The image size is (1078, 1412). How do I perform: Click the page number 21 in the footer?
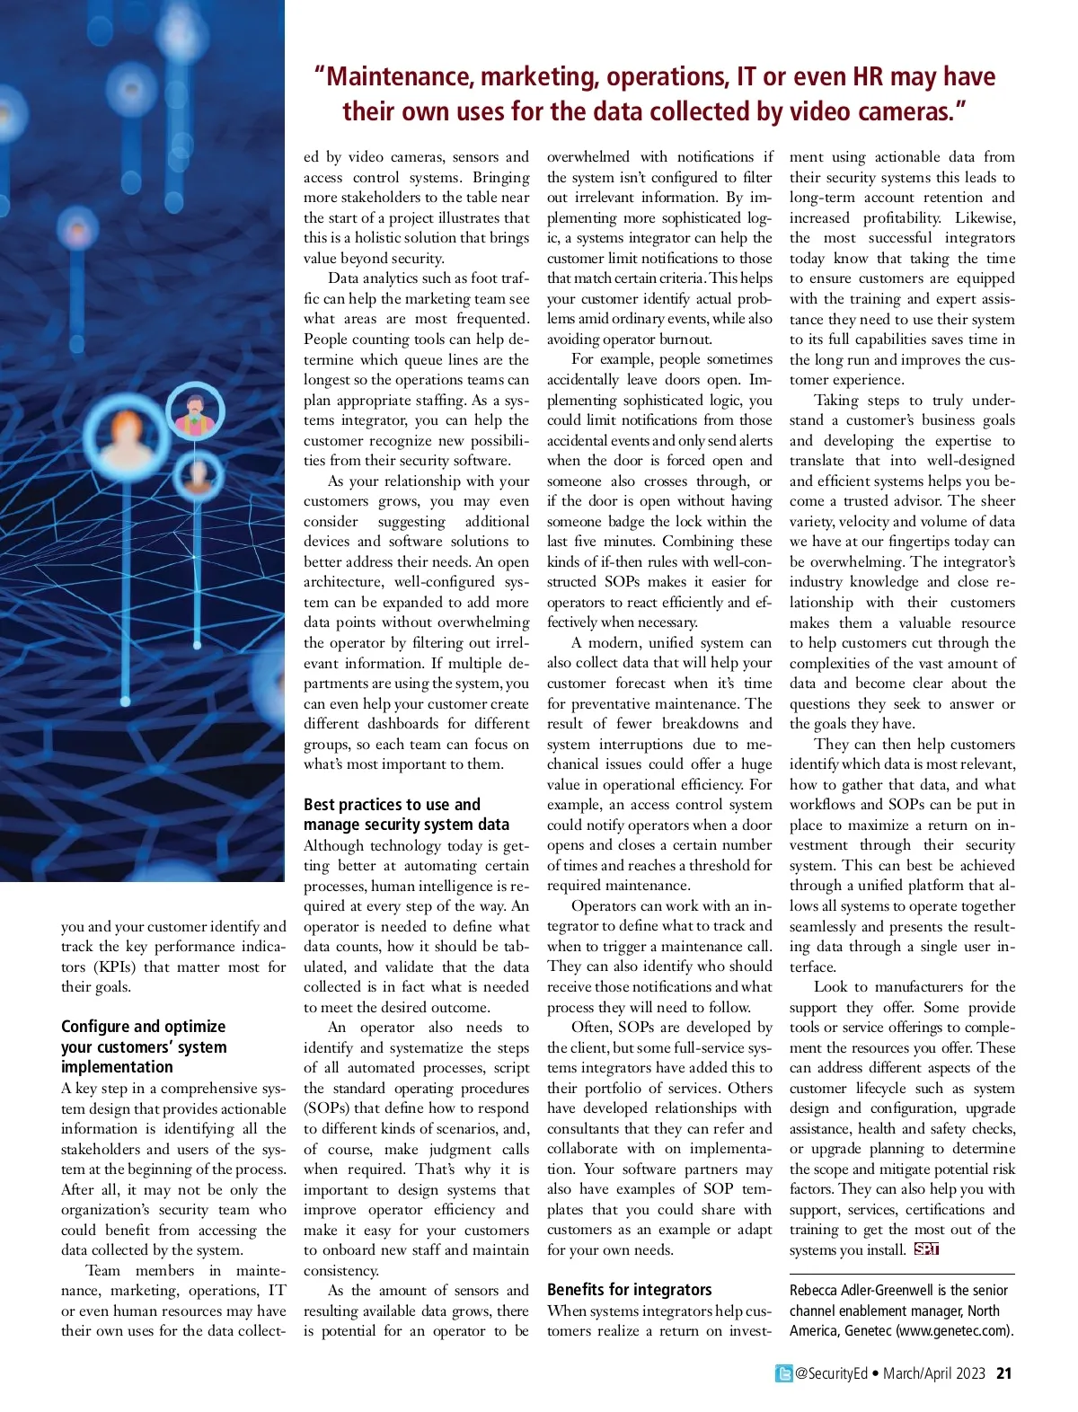(x=1004, y=1373)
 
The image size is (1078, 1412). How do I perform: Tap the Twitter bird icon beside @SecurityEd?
(x=784, y=1373)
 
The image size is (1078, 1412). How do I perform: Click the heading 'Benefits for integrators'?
(x=629, y=1289)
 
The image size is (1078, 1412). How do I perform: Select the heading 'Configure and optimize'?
(x=143, y=1026)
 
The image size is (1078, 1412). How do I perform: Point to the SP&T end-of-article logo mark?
(x=926, y=1249)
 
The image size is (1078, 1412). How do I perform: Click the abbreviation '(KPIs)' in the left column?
(x=113, y=966)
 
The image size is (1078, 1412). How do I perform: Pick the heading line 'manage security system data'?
(x=406, y=824)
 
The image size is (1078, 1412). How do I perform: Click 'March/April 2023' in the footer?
(x=933, y=1373)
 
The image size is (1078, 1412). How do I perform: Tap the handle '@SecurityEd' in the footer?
(x=831, y=1373)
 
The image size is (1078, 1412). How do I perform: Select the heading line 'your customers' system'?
(x=144, y=1046)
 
